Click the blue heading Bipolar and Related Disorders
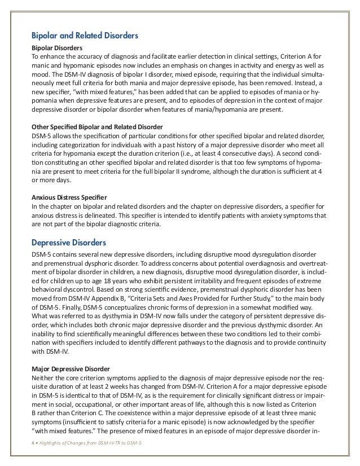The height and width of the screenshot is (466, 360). (85, 36)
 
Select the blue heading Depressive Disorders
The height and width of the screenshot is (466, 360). (69, 243)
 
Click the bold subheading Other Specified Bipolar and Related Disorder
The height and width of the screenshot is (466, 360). (97, 127)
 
